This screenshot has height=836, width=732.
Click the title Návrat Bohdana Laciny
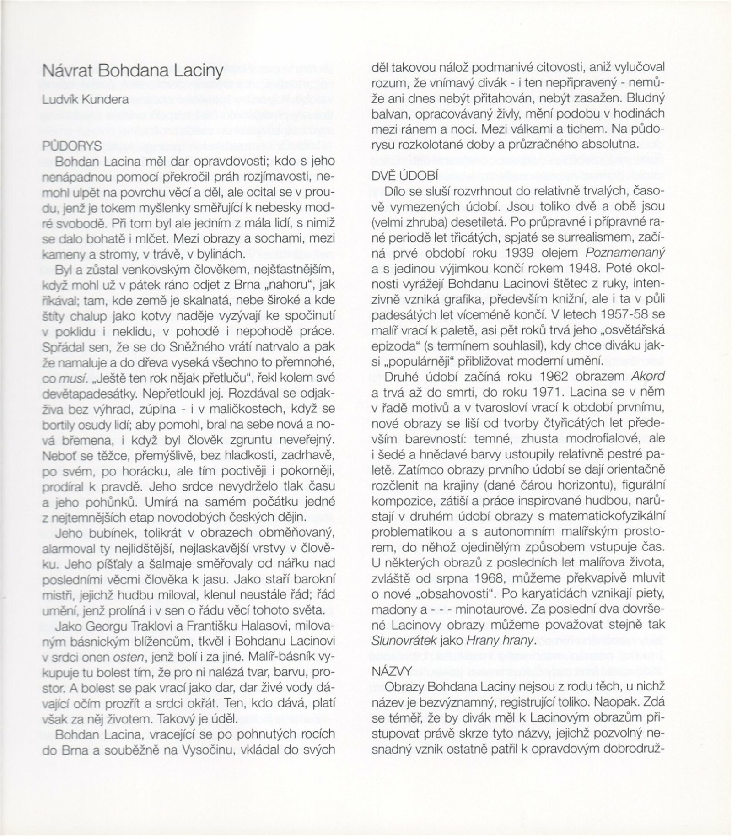tap(132, 71)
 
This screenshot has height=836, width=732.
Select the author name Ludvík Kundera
tap(85, 99)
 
